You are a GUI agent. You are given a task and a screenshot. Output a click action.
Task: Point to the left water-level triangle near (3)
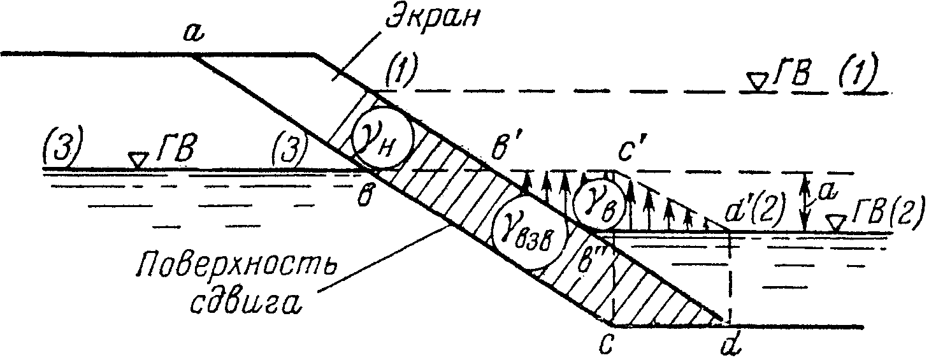click(x=138, y=160)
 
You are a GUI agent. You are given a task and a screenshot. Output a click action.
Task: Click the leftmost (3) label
click(x=62, y=146)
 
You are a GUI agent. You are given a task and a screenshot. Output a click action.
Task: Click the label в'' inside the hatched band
click(x=586, y=262)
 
